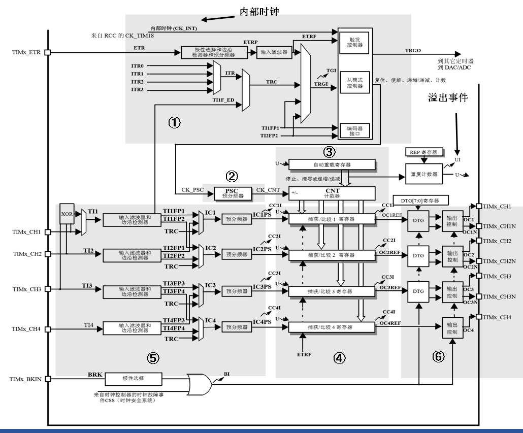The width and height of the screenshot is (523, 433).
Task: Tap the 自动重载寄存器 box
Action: [332, 164]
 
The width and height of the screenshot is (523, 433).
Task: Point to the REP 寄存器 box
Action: [423, 152]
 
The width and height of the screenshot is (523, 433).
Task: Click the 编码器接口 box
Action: [355, 130]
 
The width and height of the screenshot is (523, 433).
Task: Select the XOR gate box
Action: [67, 214]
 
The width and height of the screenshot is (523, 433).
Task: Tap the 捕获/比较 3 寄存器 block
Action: [332, 291]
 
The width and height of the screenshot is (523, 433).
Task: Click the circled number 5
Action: [153, 358]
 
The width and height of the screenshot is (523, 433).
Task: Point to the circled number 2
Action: [232, 176]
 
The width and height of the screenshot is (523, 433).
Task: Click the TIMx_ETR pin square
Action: [47, 52]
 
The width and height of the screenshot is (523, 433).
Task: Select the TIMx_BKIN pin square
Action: [47, 379]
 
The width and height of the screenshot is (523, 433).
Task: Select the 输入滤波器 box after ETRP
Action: [275, 52]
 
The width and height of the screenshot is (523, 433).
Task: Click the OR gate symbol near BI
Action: [200, 384]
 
